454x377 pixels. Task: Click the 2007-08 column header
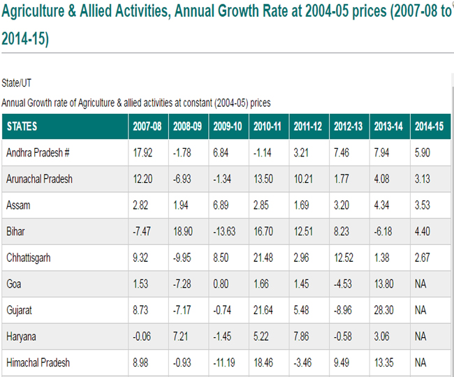(x=147, y=126)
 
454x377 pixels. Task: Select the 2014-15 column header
(x=429, y=126)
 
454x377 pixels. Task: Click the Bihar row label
(x=15, y=232)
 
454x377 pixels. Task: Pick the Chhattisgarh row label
(x=29, y=258)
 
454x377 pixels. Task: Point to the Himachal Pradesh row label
(x=38, y=362)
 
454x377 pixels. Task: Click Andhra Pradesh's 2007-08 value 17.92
(x=142, y=152)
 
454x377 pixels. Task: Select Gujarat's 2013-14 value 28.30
(x=383, y=310)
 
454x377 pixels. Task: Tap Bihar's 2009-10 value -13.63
(x=224, y=232)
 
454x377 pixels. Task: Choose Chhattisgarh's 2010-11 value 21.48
(x=263, y=258)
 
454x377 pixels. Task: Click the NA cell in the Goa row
(x=420, y=284)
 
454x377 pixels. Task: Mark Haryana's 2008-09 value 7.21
(x=181, y=337)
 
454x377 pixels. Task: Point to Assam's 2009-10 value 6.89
(x=221, y=205)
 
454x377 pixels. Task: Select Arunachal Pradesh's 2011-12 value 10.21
(x=303, y=179)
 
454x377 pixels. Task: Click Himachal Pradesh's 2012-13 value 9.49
(x=342, y=362)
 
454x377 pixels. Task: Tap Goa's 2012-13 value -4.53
(x=343, y=284)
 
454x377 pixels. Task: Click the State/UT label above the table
(x=16, y=83)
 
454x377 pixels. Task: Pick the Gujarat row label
(x=19, y=311)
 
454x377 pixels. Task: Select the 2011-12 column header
(x=308, y=126)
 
